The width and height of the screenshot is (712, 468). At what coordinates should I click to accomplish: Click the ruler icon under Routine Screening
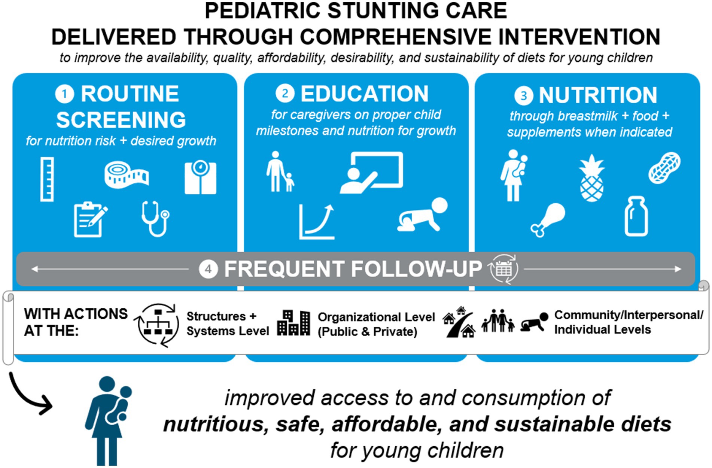click(x=47, y=179)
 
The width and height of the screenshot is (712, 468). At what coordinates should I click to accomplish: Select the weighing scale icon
click(x=200, y=177)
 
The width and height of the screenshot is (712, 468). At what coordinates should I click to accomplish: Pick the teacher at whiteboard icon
click(x=371, y=173)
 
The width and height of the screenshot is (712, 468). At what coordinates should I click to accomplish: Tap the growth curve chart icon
click(x=317, y=222)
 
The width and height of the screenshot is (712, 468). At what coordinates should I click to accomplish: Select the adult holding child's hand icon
click(x=280, y=171)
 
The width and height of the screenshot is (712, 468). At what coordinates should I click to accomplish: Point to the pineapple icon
click(x=591, y=178)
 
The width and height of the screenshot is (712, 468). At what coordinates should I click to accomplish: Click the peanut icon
click(x=664, y=167)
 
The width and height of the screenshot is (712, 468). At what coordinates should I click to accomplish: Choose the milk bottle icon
click(x=636, y=216)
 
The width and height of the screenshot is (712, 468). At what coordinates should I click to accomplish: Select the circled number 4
click(x=209, y=269)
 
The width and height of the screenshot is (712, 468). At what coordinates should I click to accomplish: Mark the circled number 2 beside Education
click(x=285, y=94)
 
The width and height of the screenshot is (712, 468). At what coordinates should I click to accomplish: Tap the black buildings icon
click(x=294, y=323)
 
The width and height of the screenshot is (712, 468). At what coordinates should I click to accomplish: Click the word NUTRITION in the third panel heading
click(x=598, y=95)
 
